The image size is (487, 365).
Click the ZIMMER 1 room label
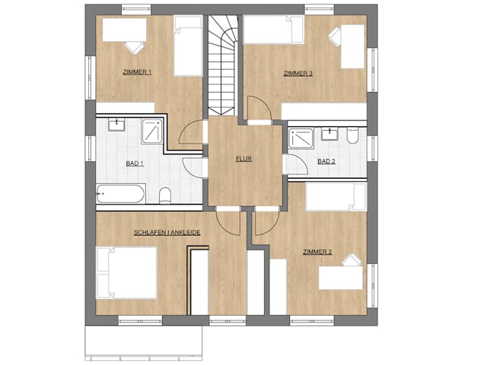[137, 72]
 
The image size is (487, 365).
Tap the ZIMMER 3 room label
[298, 74]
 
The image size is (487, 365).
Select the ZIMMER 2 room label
[317, 252]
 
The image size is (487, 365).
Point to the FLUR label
[243, 159]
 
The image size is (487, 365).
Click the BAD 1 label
[135, 163]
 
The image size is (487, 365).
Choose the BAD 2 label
[326, 161]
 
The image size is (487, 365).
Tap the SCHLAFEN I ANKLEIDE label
[167, 232]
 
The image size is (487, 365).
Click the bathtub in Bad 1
[120, 194]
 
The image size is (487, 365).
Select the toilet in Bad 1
[165, 195]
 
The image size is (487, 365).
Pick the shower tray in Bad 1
[152, 131]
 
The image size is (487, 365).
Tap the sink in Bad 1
[116, 125]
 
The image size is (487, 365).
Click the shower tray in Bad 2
[301, 138]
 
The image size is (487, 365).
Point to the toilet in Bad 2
[352, 135]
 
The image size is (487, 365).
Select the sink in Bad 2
[329, 135]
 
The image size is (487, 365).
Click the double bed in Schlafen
[126, 273]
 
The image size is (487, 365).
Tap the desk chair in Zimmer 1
[135, 47]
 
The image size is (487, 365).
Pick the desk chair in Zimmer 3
[336, 36]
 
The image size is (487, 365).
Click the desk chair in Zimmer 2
[352, 260]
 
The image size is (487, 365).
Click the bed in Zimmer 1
[188, 46]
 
